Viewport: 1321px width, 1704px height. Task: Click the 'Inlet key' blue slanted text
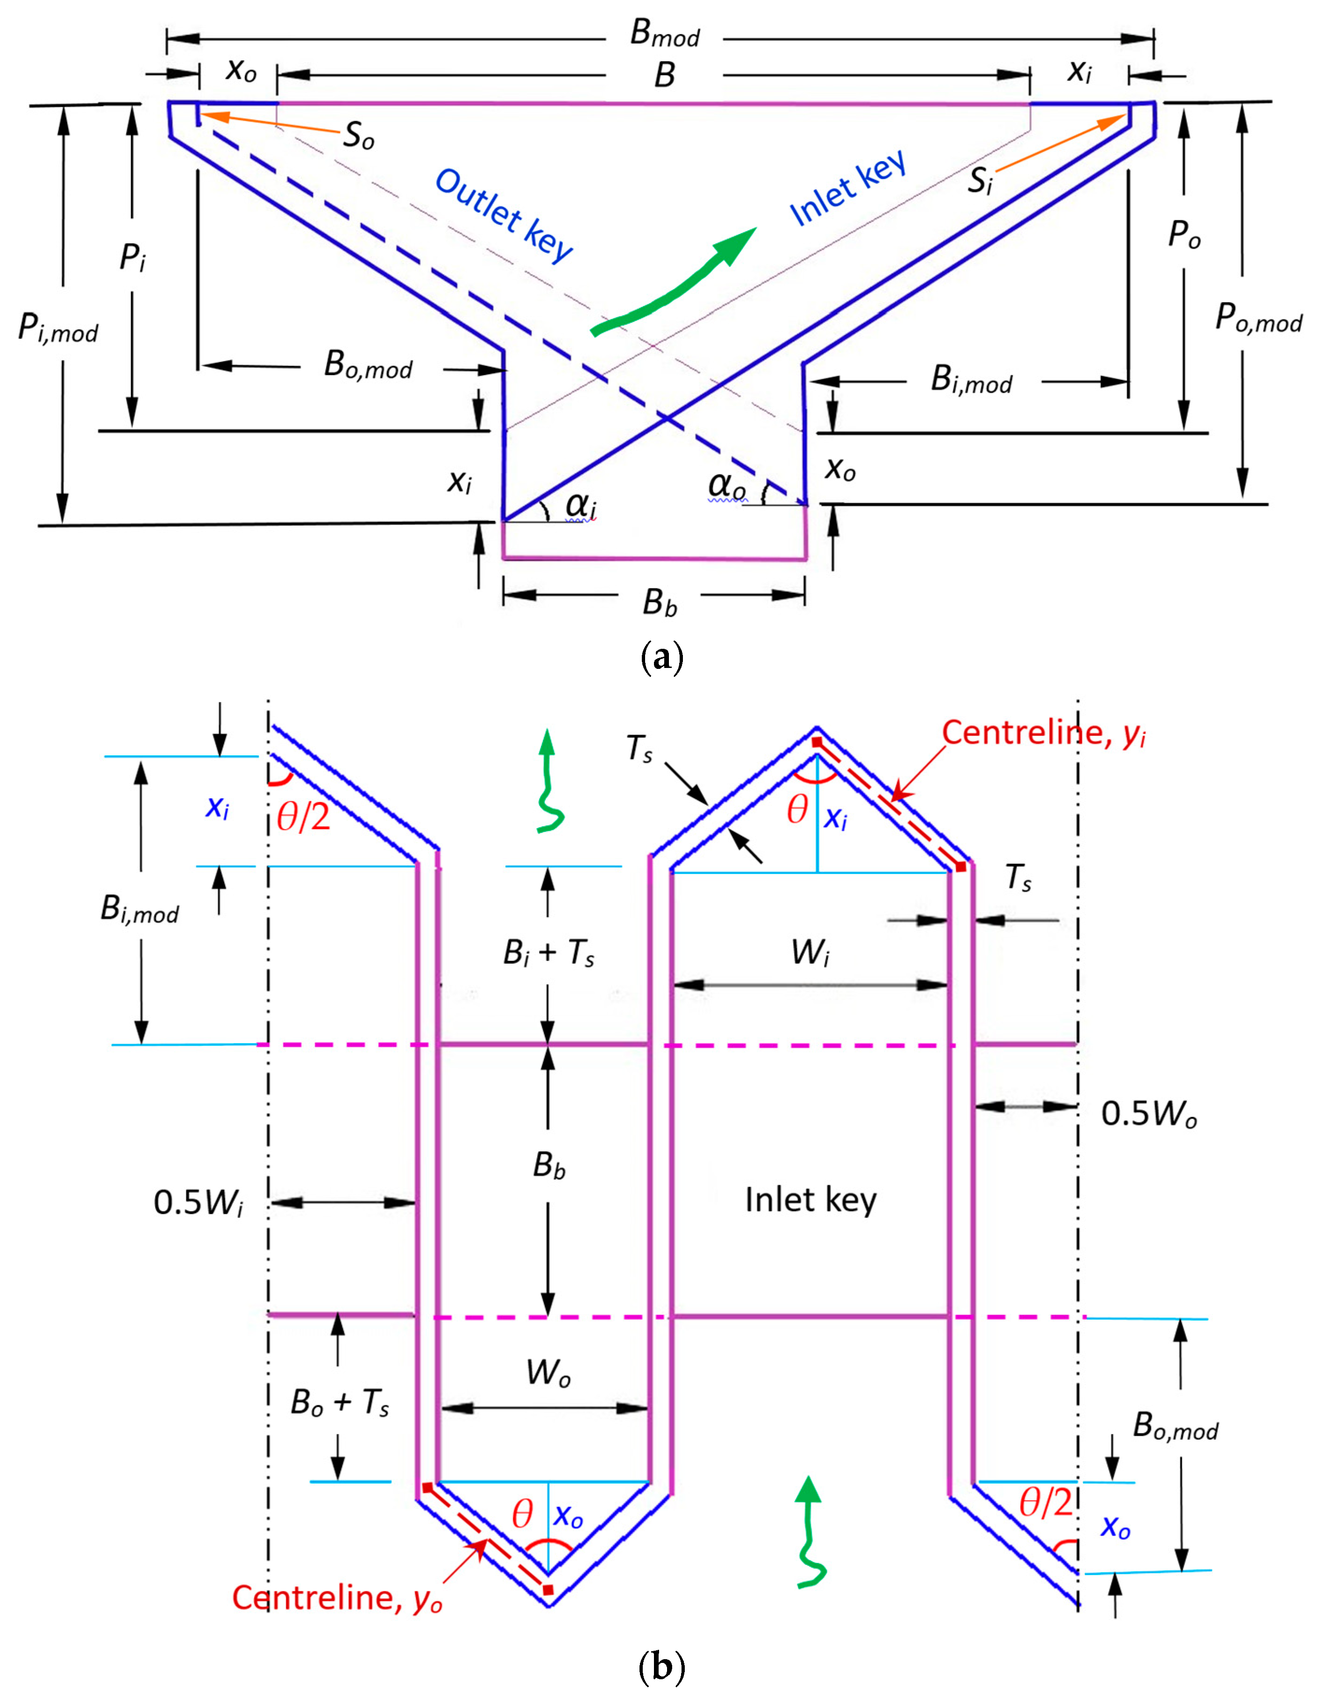(x=848, y=187)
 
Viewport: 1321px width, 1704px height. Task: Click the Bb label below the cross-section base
(x=659, y=602)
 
